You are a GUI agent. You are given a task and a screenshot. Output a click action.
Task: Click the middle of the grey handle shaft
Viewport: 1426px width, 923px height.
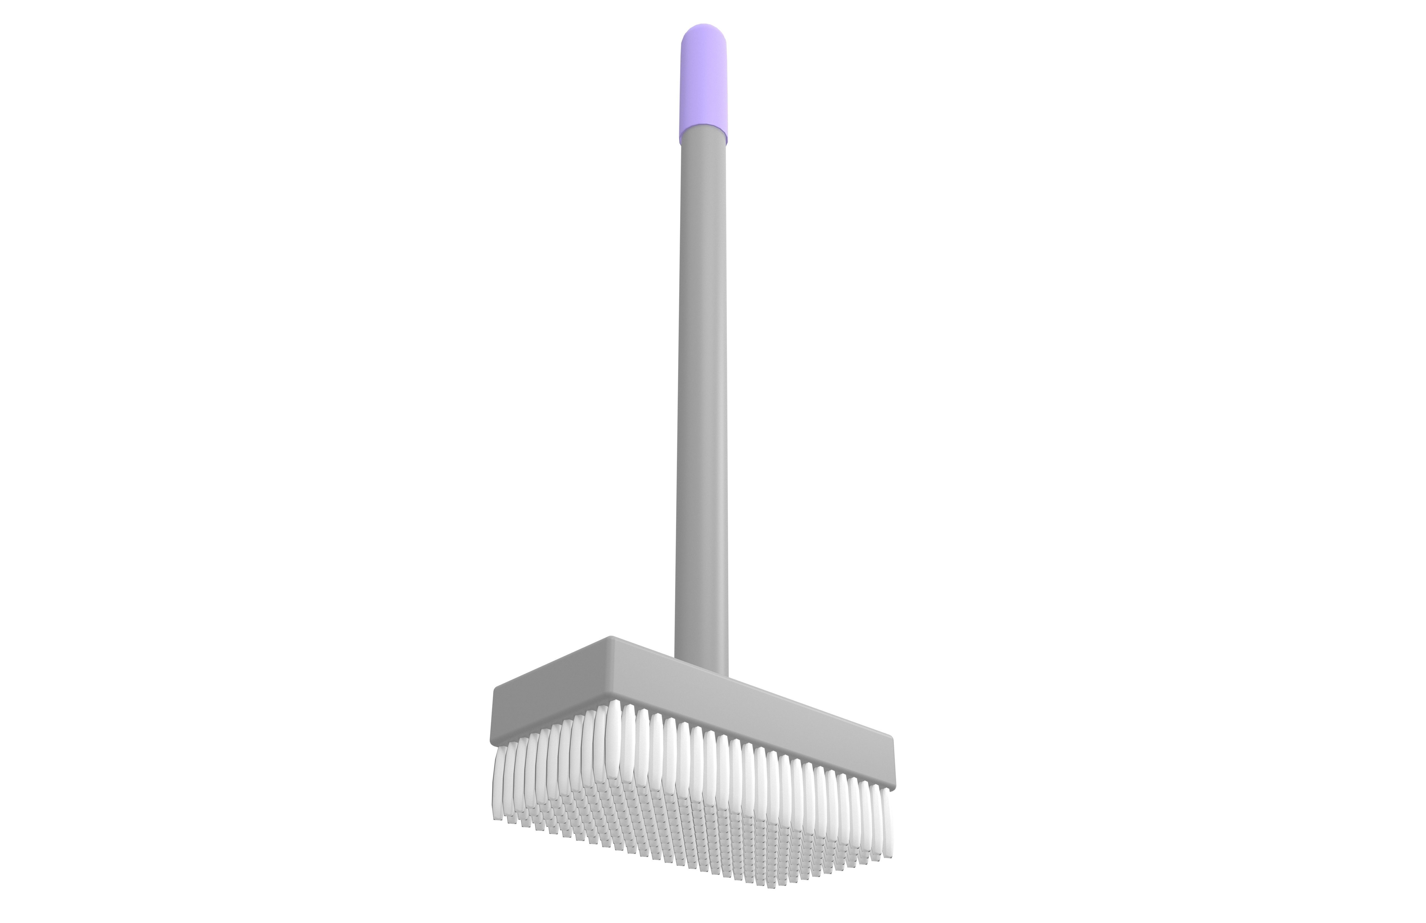702,390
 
